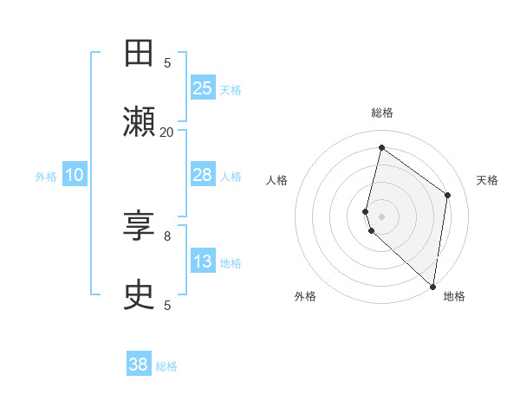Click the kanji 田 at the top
139,54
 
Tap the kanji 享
139,227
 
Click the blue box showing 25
203,87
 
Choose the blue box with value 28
203,175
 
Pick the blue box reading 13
203,262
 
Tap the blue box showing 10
75,175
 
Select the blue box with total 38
139,365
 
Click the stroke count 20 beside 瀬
166,132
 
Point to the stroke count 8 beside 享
167,236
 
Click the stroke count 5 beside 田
167,62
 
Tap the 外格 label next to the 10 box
46,177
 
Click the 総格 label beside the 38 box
166,366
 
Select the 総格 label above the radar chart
382,113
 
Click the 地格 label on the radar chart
454,296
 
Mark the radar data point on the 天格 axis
448,195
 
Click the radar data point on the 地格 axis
432,286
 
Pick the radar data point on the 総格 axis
381,147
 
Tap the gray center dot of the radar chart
381,216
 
